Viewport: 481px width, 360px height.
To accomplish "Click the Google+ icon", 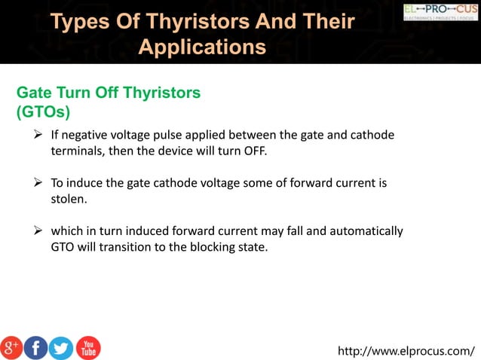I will click(11, 347).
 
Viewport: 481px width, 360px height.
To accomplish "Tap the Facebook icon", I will click(36, 347).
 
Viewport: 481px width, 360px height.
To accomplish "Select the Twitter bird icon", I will click(61, 347).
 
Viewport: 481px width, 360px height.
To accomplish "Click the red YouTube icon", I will click(88, 347).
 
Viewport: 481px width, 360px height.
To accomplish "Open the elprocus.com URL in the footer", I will click(406, 350).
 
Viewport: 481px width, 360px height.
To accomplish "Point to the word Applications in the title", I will click(203, 47).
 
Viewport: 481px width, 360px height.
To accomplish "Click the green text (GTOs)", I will click(43, 111).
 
